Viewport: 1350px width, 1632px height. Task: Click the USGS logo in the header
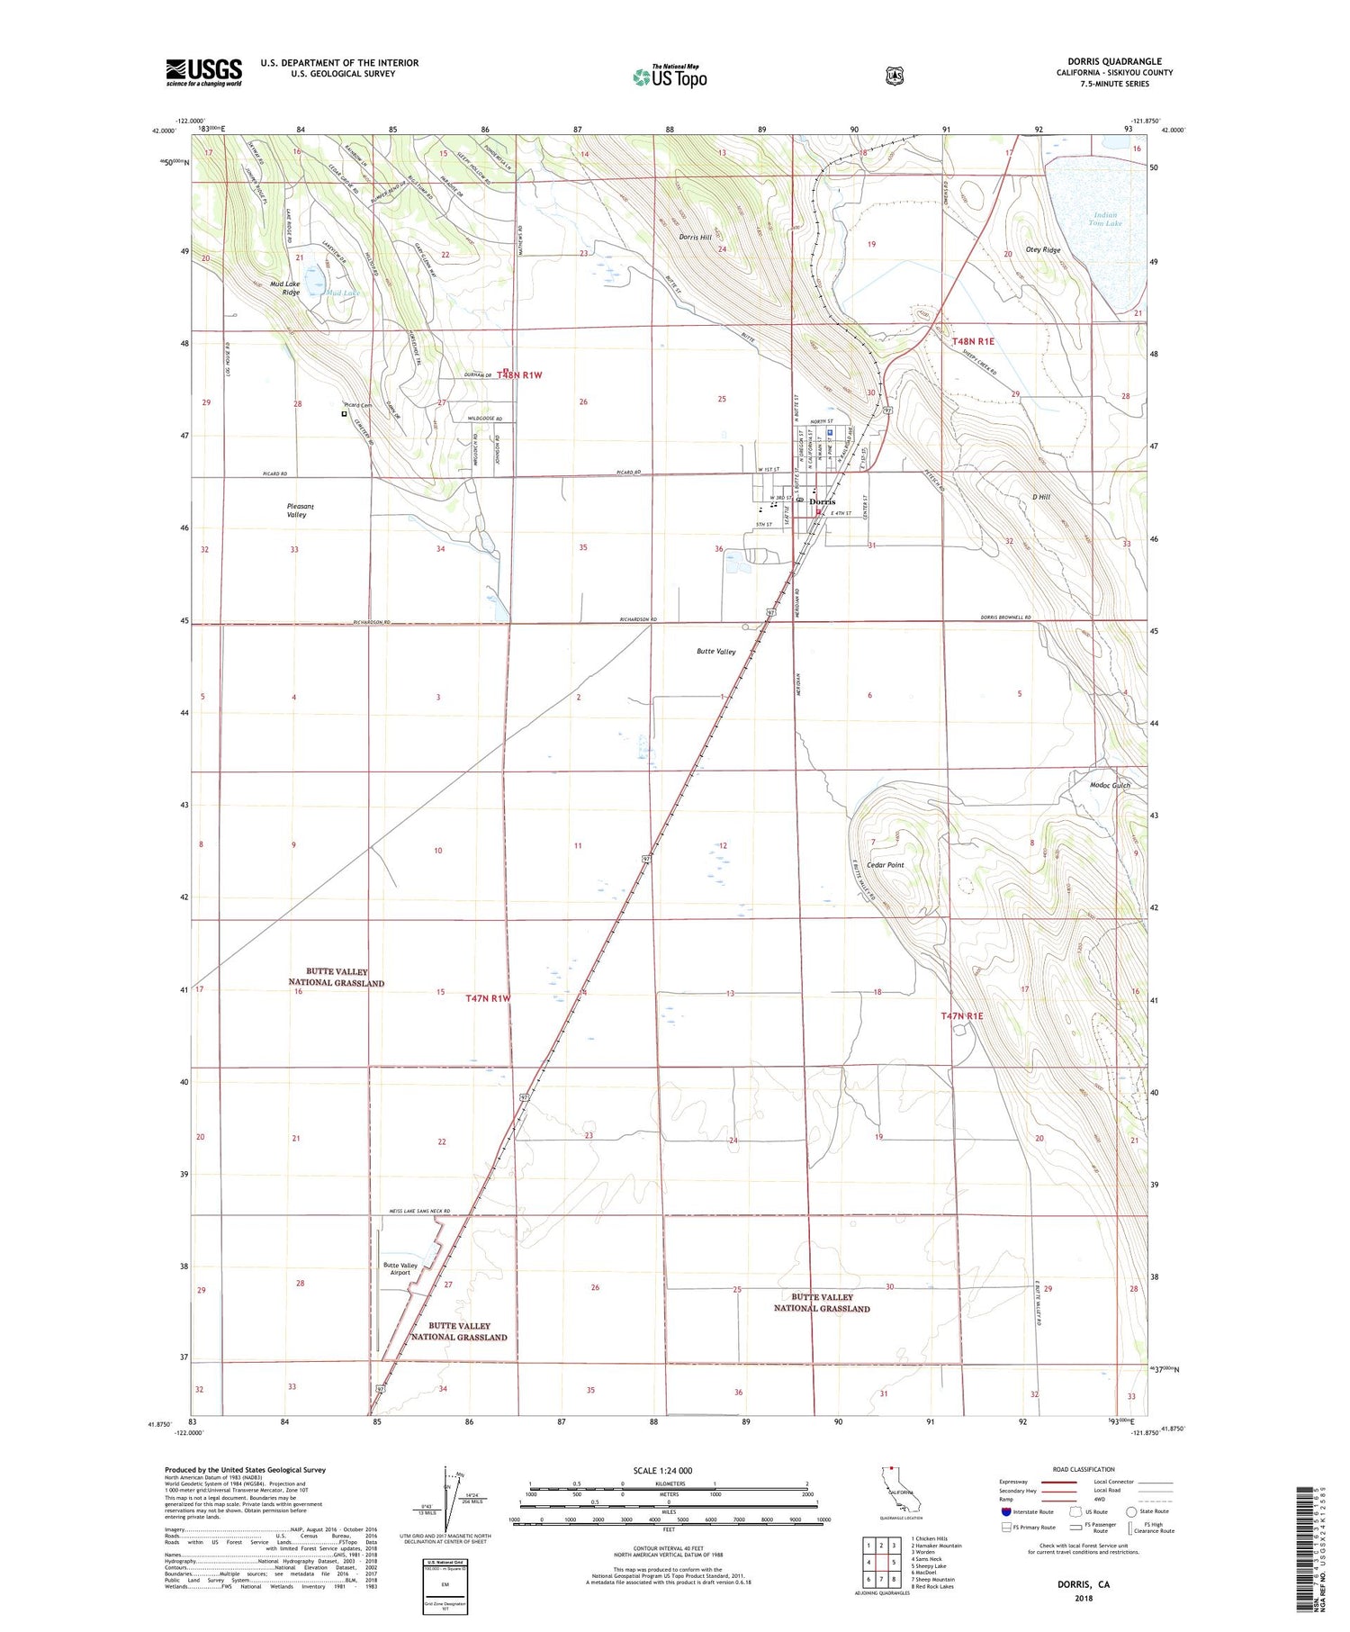203,71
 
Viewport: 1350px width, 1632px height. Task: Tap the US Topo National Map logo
670,77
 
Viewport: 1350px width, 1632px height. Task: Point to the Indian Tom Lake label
1105,219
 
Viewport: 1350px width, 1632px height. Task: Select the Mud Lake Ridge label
291,288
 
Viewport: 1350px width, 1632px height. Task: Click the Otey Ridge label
1043,250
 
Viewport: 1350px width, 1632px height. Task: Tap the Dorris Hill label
695,238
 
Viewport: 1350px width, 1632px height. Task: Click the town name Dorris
822,502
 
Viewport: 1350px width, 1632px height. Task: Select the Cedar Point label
885,865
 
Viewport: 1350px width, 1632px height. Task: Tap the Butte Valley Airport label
400,1268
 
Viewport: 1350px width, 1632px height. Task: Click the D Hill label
1041,497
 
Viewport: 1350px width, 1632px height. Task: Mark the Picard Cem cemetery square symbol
344,414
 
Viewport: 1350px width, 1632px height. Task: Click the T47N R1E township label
961,1016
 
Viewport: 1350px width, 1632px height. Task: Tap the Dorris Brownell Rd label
1005,618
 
